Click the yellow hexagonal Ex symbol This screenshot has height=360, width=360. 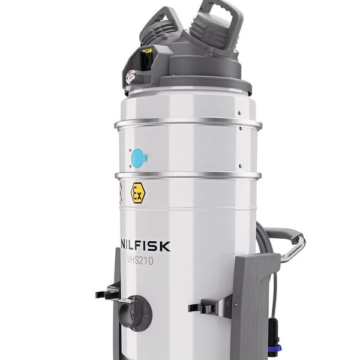[138, 193]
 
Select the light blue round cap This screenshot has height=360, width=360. [138, 158]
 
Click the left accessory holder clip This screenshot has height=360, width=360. [108, 293]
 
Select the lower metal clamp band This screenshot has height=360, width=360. [188, 175]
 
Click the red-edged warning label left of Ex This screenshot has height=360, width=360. [120, 191]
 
